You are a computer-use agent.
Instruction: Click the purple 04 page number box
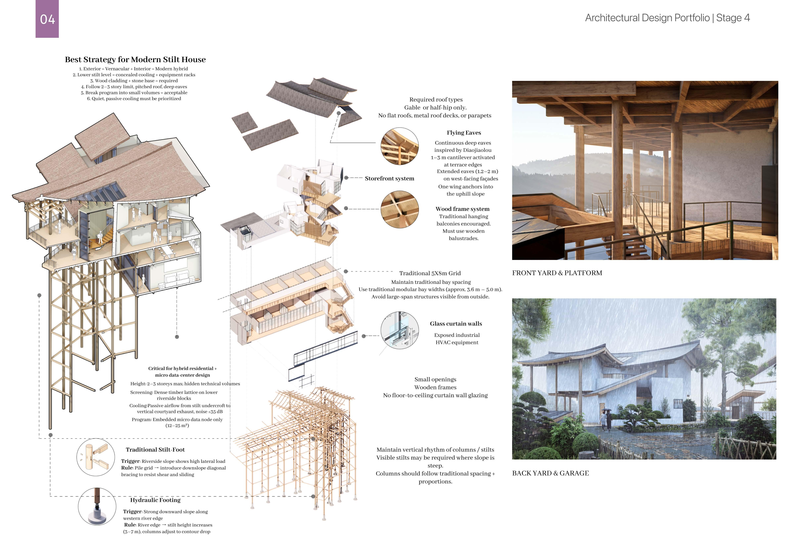47,19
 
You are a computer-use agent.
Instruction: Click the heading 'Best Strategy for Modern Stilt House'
135,60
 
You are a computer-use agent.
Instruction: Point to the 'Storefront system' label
389,178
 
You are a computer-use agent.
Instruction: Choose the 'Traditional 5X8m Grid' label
430,273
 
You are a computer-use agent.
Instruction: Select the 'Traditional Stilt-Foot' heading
155,450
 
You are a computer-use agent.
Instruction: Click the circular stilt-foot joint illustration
96,457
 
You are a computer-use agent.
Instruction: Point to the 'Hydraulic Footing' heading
155,500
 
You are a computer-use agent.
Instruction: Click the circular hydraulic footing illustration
97,507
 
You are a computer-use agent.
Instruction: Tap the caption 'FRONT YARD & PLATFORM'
557,273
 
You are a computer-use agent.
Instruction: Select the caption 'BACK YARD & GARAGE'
550,473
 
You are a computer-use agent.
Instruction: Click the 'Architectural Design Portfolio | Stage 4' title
667,18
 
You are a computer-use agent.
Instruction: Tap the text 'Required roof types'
436,99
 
